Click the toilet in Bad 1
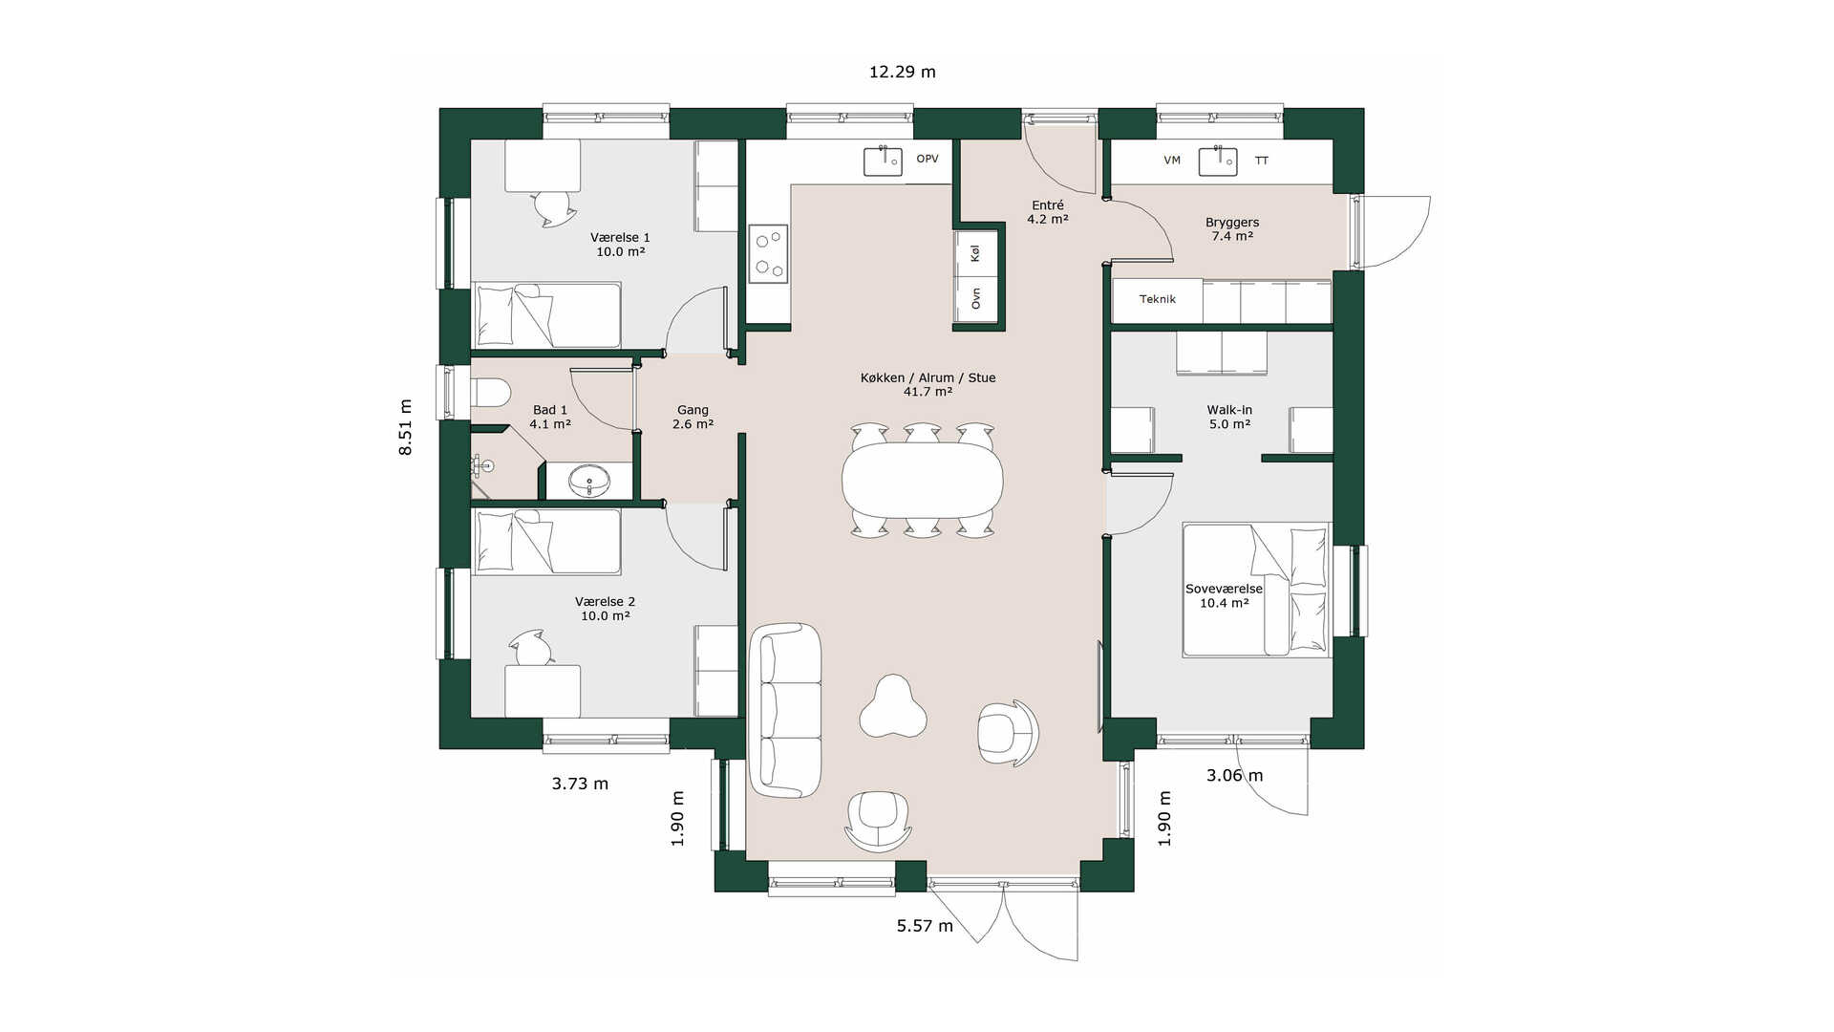[x=491, y=393]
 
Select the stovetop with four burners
[x=768, y=253]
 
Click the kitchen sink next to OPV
[x=884, y=161]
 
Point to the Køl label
[x=975, y=253]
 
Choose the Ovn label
[x=976, y=299]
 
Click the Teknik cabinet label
[x=1158, y=299]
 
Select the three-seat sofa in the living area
[x=786, y=710]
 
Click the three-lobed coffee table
[x=894, y=707]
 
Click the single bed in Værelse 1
[x=547, y=314]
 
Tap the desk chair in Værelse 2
[x=531, y=648]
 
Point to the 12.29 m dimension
[x=902, y=72]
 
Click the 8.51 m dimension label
[x=406, y=426]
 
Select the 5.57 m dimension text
[x=925, y=926]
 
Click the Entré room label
[x=1048, y=205]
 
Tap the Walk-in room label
[x=1229, y=410]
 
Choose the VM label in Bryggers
[x=1172, y=161]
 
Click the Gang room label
[x=693, y=410]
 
